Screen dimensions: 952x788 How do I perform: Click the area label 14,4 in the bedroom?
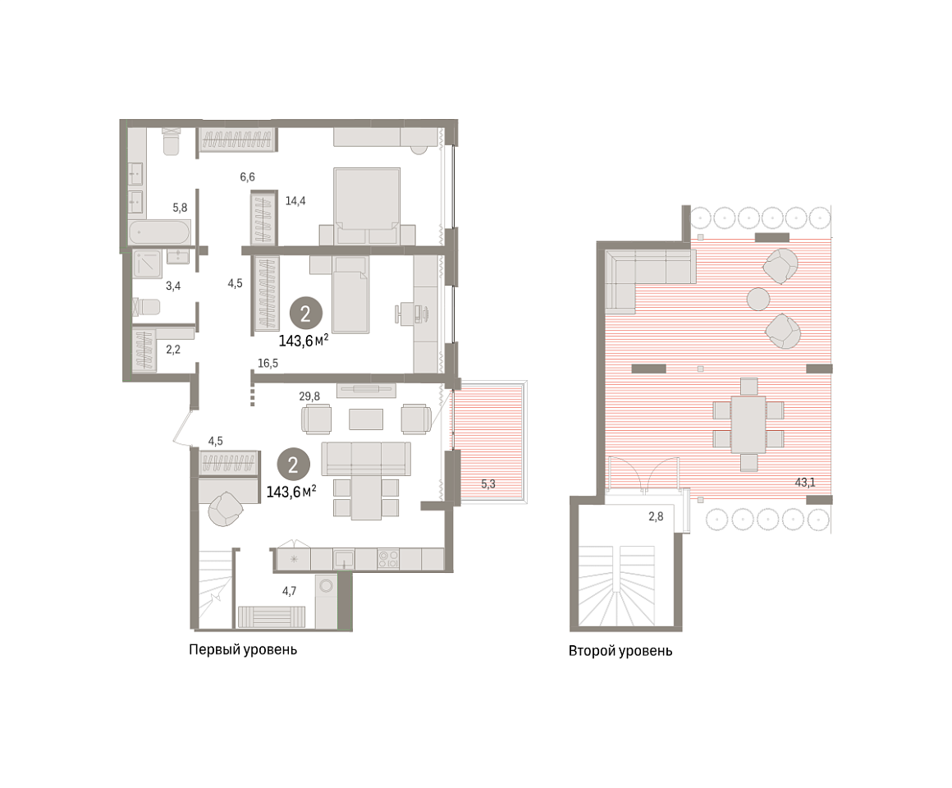(295, 200)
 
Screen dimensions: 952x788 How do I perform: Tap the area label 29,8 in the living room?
(309, 396)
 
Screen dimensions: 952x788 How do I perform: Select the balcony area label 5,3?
(488, 483)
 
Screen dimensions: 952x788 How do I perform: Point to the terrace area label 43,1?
(805, 483)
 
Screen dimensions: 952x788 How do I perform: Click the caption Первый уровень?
(243, 649)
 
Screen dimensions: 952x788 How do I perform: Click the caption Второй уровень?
(620, 651)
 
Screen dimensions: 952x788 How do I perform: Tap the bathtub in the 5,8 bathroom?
(160, 232)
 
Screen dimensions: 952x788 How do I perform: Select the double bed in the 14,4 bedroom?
(367, 206)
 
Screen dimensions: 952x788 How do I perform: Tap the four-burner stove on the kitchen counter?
(388, 558)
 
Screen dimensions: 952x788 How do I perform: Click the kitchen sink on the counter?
(344, 558)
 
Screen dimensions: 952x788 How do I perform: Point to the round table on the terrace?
(758, 300)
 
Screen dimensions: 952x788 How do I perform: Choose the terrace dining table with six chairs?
(748, 424)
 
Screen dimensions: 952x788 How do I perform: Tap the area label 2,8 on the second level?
(656, 516)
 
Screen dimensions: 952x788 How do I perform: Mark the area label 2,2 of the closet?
(173, 350)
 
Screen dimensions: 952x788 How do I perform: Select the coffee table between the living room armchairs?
(365, 419)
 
